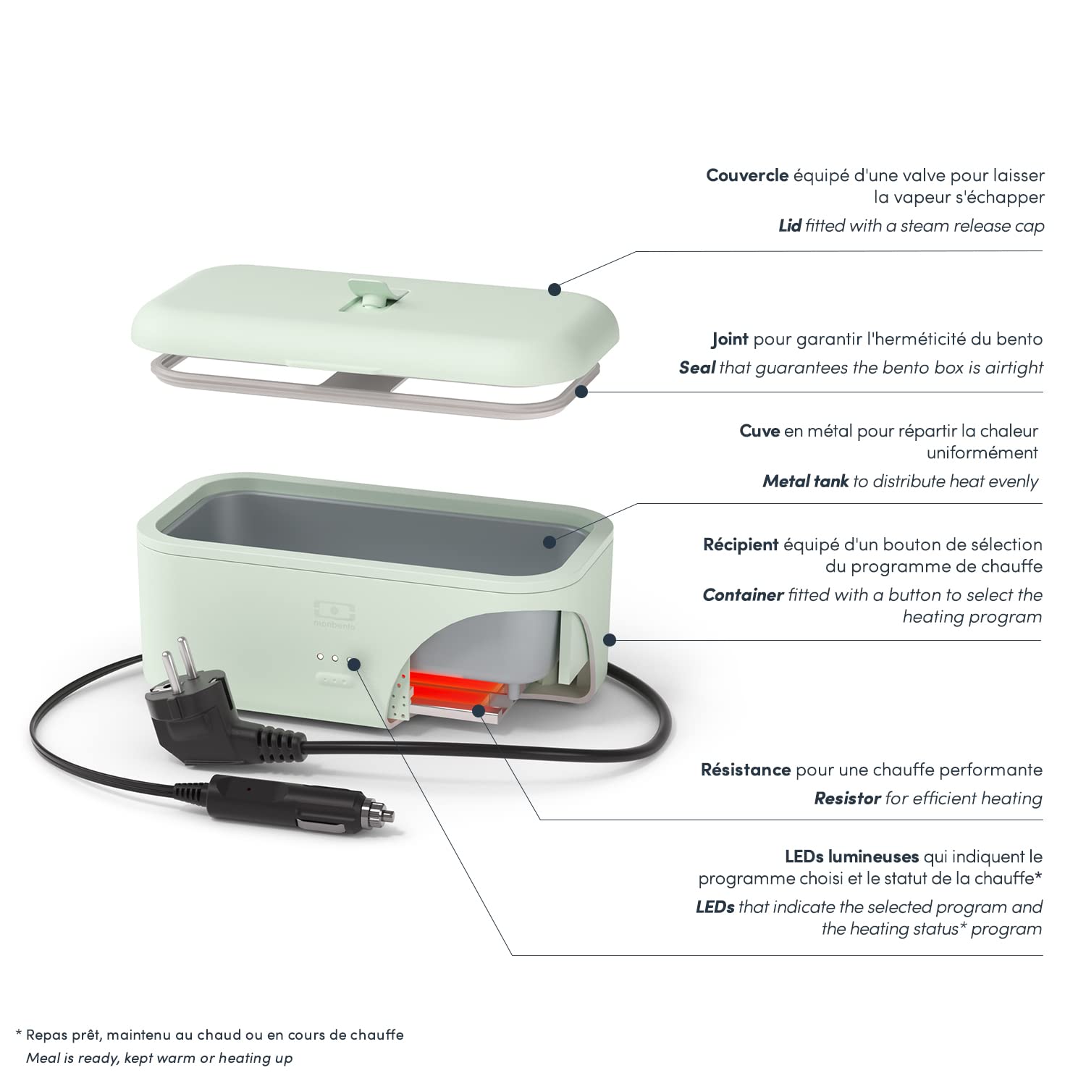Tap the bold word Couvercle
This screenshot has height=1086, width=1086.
click(x=747, y=175)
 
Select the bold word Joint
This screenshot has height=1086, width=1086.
click(x=730, y=339)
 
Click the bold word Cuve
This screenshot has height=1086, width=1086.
click(x=759, y=431)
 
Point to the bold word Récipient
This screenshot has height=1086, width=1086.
click(x=741, y=544)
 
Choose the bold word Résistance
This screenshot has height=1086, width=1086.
click(x=746, y=770)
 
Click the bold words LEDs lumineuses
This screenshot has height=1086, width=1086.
click(x=851, y=856)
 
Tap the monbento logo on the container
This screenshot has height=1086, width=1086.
click(x=331, y=613)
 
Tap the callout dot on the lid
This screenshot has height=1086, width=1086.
click(x=554, y=289)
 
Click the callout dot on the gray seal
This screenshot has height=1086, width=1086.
click(x=581, y=392)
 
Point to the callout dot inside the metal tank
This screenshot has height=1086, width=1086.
click(x=550, y=541)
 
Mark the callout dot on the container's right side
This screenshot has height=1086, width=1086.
click(x=609, y=640)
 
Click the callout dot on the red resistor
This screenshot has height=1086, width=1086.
click(x=479, y=710)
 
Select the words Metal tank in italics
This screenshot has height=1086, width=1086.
click(x=805, y=481)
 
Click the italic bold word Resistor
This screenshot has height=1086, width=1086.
click(x=847, y=799)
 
